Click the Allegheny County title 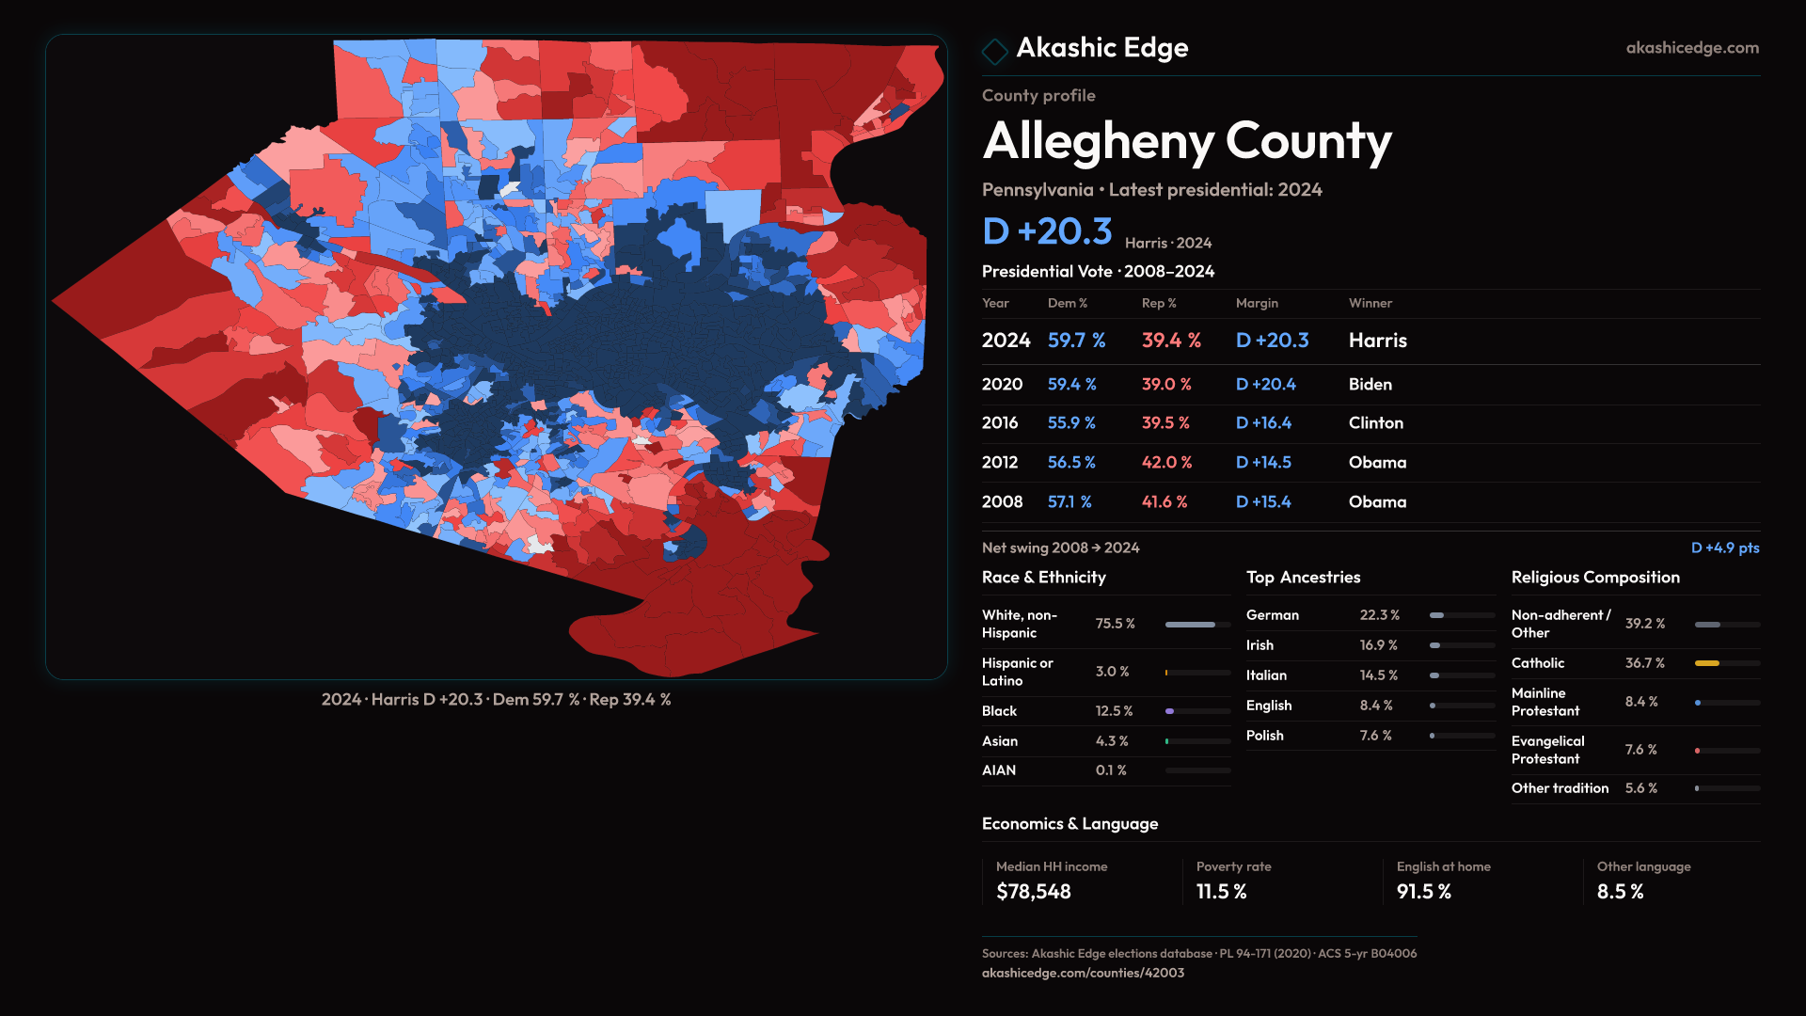click(1186, 141)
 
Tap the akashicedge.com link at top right click(1691, 48)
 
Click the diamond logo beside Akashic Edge click(994, 51)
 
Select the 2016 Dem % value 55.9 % click(1071, 423)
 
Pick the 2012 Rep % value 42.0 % click(1166, 463)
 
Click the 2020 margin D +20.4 click(1265, 385)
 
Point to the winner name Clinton click(1375, 423)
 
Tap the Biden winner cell click(1370, 385)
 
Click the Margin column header click(1257, 303)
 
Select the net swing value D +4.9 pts click(1724, 548)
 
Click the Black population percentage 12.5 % click(1114, 711)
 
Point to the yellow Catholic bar click(1706, 663)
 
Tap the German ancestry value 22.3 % click(1379, 615)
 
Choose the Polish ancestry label click(1264, 736)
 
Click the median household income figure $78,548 click(1033, 892)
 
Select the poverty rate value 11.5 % click(1221, 892)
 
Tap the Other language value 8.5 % click(1620, 892)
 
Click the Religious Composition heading click(1595, 578)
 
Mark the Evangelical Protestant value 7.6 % click(1640, 750)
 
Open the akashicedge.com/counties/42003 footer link click(1083, 973)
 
